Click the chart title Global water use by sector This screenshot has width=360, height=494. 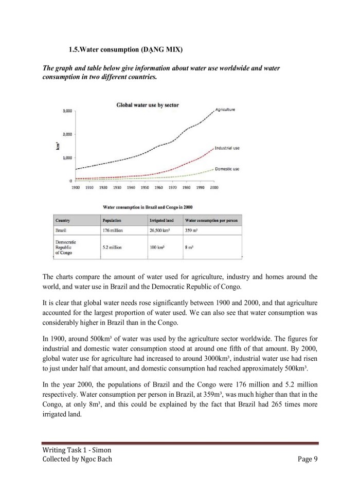tap(148, 105)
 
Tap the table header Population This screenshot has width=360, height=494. tap(112, 220)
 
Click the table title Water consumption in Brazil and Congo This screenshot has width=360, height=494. tap(148, 206)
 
